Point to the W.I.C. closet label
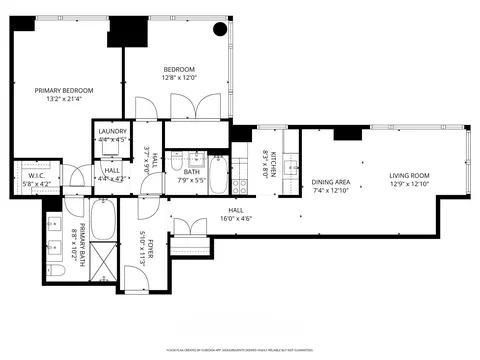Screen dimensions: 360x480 (x=38, y=176)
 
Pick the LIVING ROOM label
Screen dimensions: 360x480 (x=409, y=176)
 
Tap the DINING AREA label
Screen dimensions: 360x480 (x=331, y=181)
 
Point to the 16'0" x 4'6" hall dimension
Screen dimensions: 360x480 (x=207, y=217)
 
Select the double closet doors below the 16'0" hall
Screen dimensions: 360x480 (x=189, y=246)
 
